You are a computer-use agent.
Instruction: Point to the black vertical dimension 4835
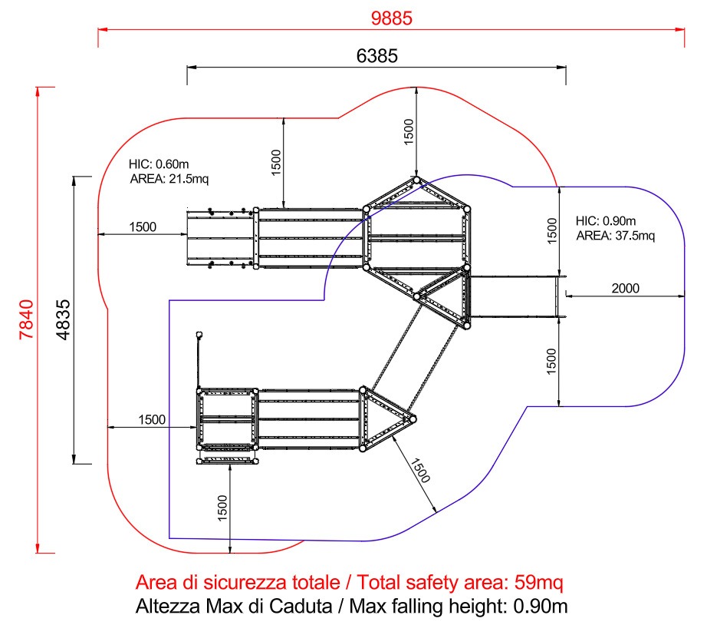pos(64,320)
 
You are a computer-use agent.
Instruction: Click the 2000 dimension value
pos(626,289)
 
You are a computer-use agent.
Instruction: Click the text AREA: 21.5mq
pos(169,178)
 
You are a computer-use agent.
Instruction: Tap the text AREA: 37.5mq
pos(616,235)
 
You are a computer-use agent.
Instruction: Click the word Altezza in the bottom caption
pos(165,607)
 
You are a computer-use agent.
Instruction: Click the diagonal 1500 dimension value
pos(420,471)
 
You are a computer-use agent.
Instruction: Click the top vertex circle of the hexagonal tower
pos(416,180)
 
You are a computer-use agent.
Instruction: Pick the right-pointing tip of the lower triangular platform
pos(413,418)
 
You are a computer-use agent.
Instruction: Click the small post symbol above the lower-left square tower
pos(199,334)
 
